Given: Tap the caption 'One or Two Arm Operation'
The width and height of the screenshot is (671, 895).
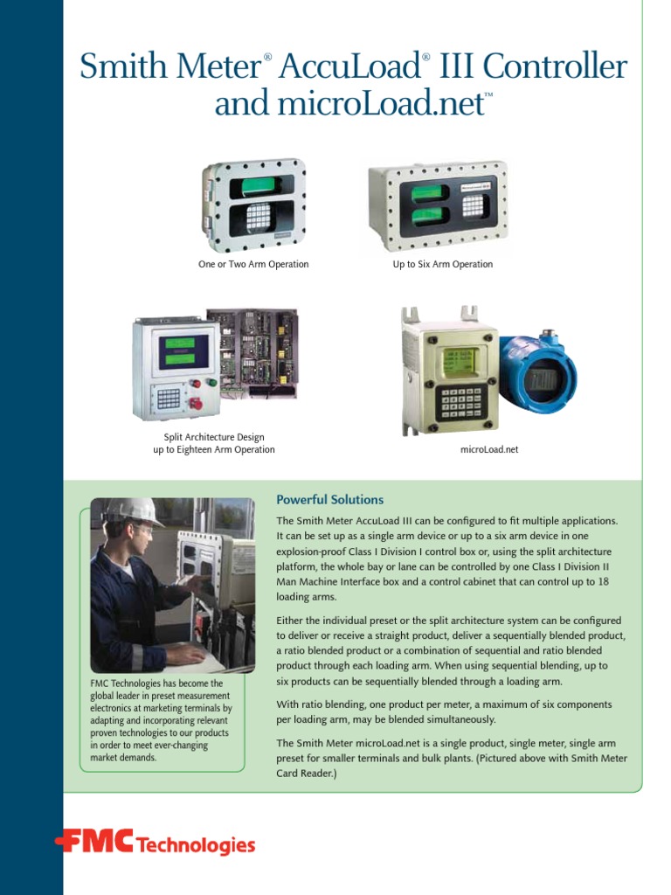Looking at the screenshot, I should [x=253, y=264].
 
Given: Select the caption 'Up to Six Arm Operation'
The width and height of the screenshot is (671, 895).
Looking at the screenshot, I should [x=442, y=264].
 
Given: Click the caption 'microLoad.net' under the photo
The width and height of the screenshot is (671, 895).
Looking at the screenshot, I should [x=489, y=449].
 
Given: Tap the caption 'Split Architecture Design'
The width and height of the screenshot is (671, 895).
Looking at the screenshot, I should [x=214, y=437].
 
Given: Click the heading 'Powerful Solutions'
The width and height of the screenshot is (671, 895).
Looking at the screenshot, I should [x=329, y=500].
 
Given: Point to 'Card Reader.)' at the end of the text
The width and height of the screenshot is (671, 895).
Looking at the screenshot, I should [x=306, y=774].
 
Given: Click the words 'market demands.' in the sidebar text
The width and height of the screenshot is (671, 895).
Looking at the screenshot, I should [x=123, y=758].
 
